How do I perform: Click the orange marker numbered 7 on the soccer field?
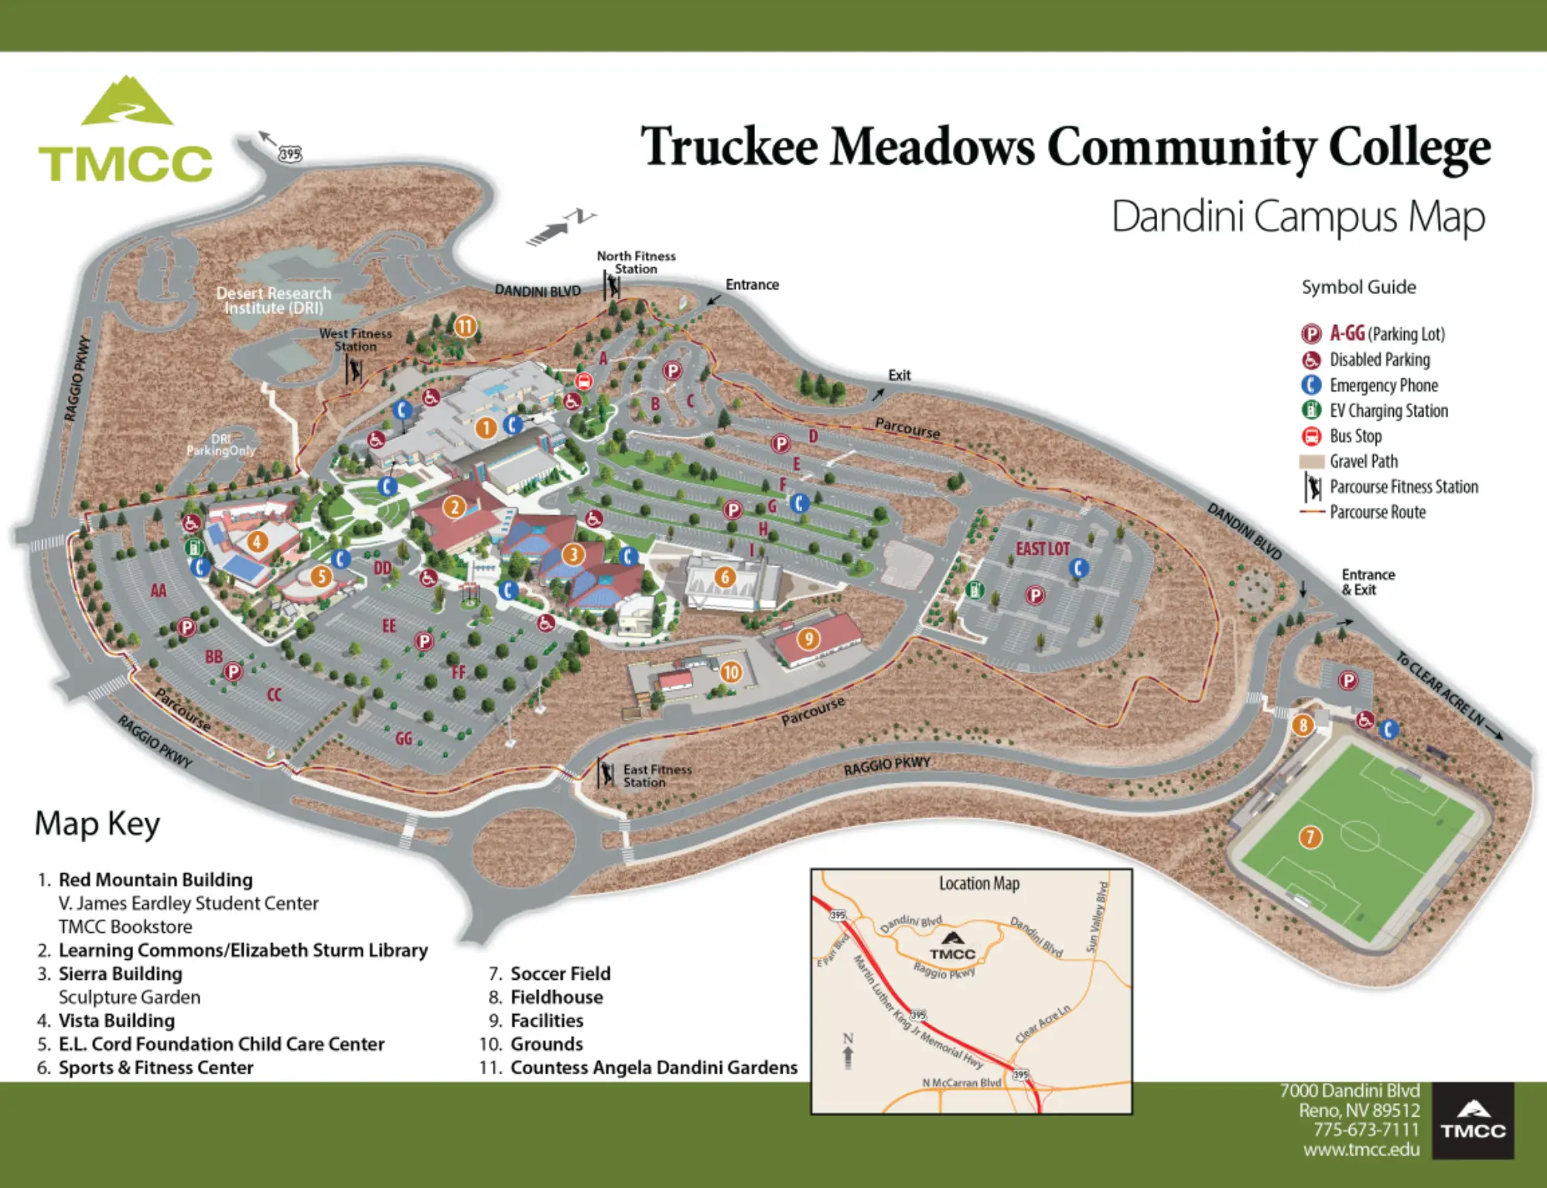click(x=1310, y=837)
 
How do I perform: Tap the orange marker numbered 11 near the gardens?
click(x=465, y=326)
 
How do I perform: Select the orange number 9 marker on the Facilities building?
click(x=808, y=639)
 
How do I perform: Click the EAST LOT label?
click(x=1042, y=549)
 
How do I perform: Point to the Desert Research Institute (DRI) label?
click(x=274, y=300)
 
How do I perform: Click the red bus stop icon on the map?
click(x=584, y=381)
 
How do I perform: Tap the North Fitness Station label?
click(x=636, y=262)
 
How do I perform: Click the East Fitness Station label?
click(x=657, y=776)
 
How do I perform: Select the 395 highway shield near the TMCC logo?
click(x=290, y=154)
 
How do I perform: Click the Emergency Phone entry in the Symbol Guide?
click(x=1383, y=385)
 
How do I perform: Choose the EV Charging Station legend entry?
click(x=1388, y=411)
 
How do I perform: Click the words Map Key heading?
click(x=97, y=824)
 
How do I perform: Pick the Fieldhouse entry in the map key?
click(x=556, y=997)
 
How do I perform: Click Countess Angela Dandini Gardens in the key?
click(x=654, y=1067)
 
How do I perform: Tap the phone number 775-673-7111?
click(x=1366, y=1130)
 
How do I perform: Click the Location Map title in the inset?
click(x=978, y=883)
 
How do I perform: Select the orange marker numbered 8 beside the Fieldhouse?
click(x=1303, y=725)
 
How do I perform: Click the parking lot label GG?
click(x=404, y=739)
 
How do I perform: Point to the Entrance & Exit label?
click(x=1368, y=582)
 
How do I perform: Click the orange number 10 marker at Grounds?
click(x=731, y=672)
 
